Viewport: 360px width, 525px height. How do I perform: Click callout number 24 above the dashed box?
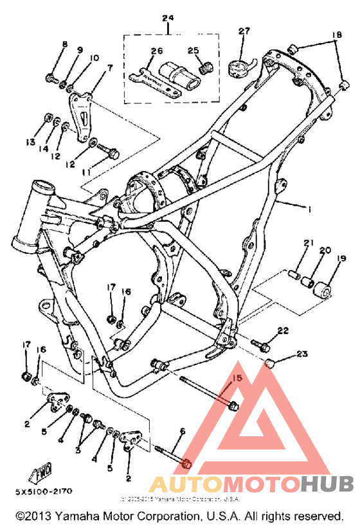(x=168, y=17)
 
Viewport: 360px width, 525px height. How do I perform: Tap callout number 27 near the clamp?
(x=244, y=31)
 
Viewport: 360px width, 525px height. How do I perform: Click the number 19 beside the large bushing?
(x=341, y=258)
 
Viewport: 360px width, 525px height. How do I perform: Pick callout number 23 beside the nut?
(x=302, y=353)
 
